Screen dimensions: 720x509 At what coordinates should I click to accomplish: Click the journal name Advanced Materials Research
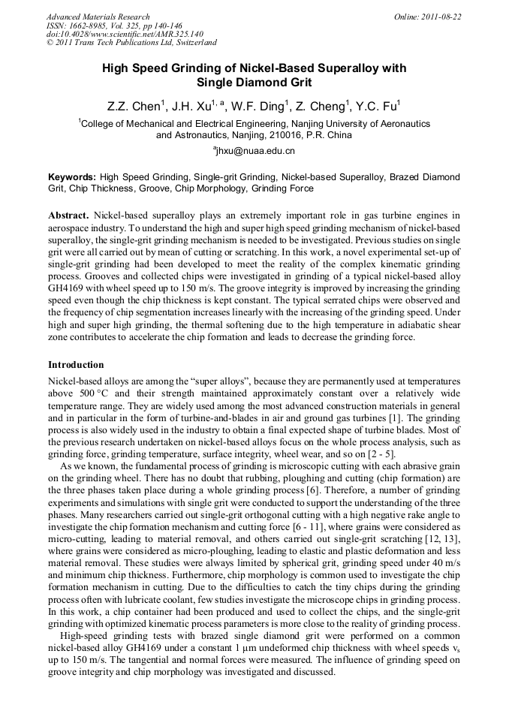pyautogui.click(x=98, y=17)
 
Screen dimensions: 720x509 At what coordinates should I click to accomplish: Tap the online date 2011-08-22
pyautogui.click(x=437, y=17)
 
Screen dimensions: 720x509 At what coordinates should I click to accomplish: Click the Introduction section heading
pyautogui.click(x=76, y=365)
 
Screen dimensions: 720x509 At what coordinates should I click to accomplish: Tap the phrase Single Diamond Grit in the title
pyautogui.click(x=254, y=83)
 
